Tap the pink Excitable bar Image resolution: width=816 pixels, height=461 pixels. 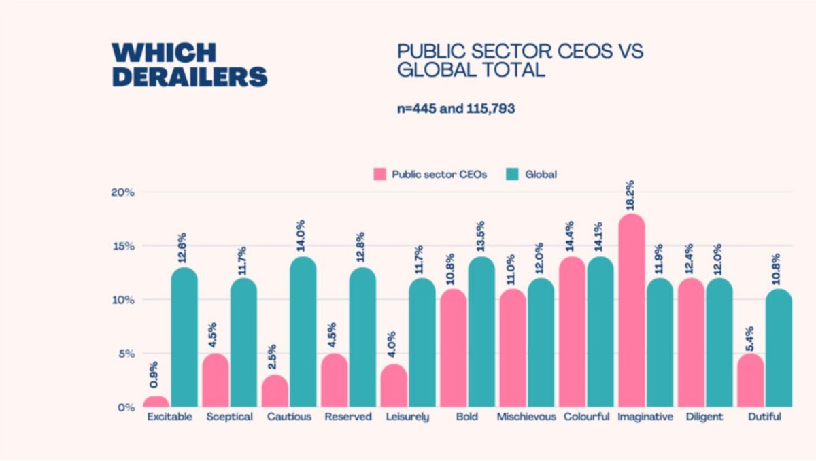[156, 401]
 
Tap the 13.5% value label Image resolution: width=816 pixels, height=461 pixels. [481, 237]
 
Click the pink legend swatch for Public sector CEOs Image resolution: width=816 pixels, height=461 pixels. [379, 174]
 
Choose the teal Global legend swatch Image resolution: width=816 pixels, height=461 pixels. [513, 174]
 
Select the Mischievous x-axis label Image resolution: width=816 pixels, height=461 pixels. [526, 417]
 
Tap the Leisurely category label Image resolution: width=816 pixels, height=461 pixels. [408, 417]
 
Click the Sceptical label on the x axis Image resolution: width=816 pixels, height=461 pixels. [229, 417]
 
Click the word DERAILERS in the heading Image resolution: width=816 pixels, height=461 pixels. [189, 75]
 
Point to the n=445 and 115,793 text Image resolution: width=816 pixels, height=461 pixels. [456, 109]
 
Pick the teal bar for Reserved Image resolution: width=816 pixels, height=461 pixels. [362, 337]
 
